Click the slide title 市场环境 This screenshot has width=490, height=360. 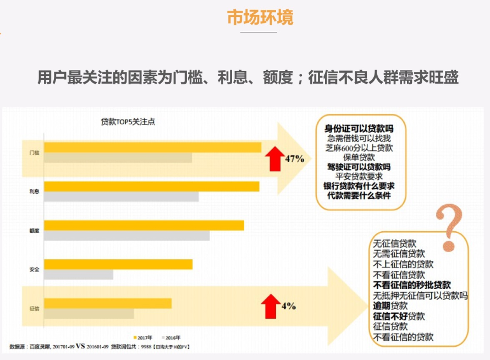click(x=260, y=17)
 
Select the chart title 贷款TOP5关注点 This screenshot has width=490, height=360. click(x=128, y=122)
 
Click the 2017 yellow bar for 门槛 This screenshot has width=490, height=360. click(x=152, y=147)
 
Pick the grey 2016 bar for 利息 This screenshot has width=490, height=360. click(x=121, y=197)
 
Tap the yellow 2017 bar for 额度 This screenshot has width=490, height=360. click(x=144, y=225)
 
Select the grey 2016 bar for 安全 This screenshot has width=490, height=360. click(x=79, y=274)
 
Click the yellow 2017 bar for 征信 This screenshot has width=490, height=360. click(x=108, y=303)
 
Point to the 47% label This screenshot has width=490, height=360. click(x=294, y=159)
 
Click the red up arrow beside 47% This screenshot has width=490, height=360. click(x=273, y=158)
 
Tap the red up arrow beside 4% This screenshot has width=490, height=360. click(x=269, y=306)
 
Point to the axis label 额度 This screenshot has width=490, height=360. click(x=34, y=230)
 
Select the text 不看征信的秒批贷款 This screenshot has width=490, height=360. click(x=412, y=285)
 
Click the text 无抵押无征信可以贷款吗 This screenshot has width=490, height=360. click(x=420, y=296)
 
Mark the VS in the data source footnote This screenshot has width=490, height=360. click(x=80, y=347)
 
